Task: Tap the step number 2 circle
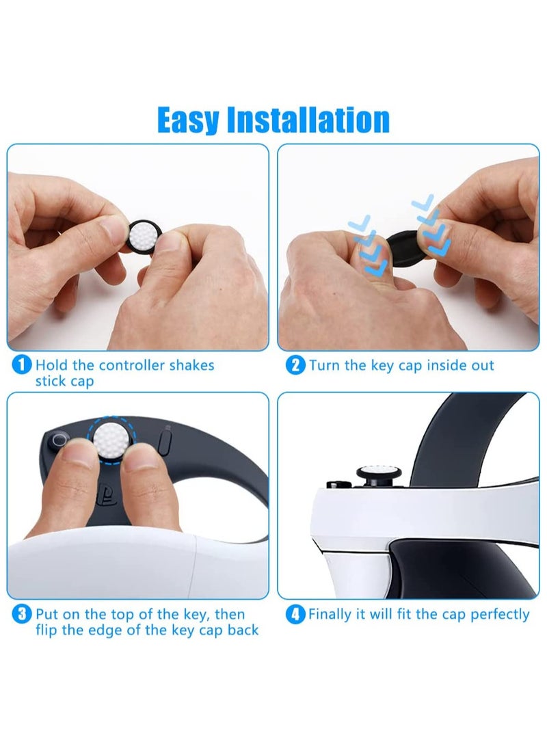pyautogui.click(x=295, y=365)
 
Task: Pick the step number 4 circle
pyautogui.click(x=295, y=614)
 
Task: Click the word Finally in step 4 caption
pyautogui.click(x=331, y=614)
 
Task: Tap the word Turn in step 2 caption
pyautogui.click(x=324, y=365)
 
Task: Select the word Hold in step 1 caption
pyautogui.click(x=51, y=365)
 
